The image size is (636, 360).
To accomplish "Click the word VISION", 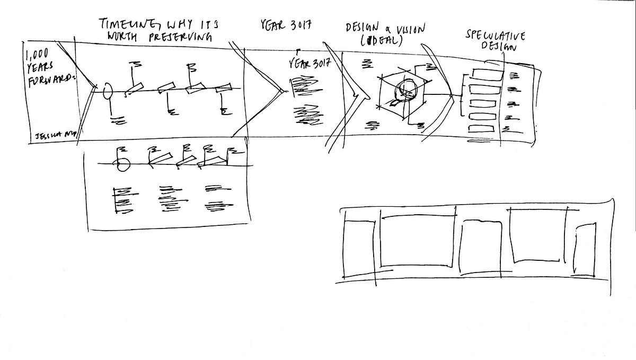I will (x=409, y=30).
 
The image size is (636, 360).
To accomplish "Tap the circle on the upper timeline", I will (x=107, y=91).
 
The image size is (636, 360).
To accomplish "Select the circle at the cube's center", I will (x=407, y=90).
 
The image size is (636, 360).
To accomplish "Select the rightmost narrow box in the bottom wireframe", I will (x=585, y=250).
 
